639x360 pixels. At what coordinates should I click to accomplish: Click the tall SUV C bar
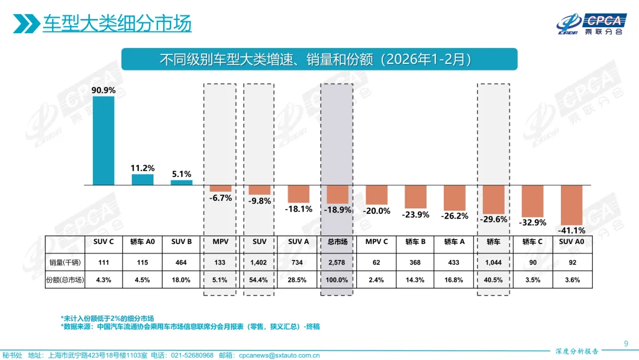point(104,140)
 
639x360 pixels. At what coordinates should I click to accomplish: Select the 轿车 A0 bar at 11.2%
point(143,179)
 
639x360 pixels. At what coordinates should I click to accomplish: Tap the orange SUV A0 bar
point(572,204)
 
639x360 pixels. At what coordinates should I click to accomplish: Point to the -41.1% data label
point(572,230)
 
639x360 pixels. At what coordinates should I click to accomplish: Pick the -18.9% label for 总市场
point(338,210)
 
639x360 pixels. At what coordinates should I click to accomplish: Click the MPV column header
point(221,242)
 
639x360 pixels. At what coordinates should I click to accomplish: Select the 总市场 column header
point(337,242)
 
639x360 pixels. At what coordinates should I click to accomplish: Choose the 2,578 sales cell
point(337,262)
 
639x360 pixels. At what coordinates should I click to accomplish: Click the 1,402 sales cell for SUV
point(259,262)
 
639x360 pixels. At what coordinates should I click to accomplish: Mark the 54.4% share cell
point(259,279)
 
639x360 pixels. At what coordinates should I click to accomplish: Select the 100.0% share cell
point(337,279)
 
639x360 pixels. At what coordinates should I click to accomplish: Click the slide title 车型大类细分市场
point(117,24)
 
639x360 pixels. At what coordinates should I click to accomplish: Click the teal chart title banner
point(319,59)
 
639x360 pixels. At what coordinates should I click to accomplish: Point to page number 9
point(626,343)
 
